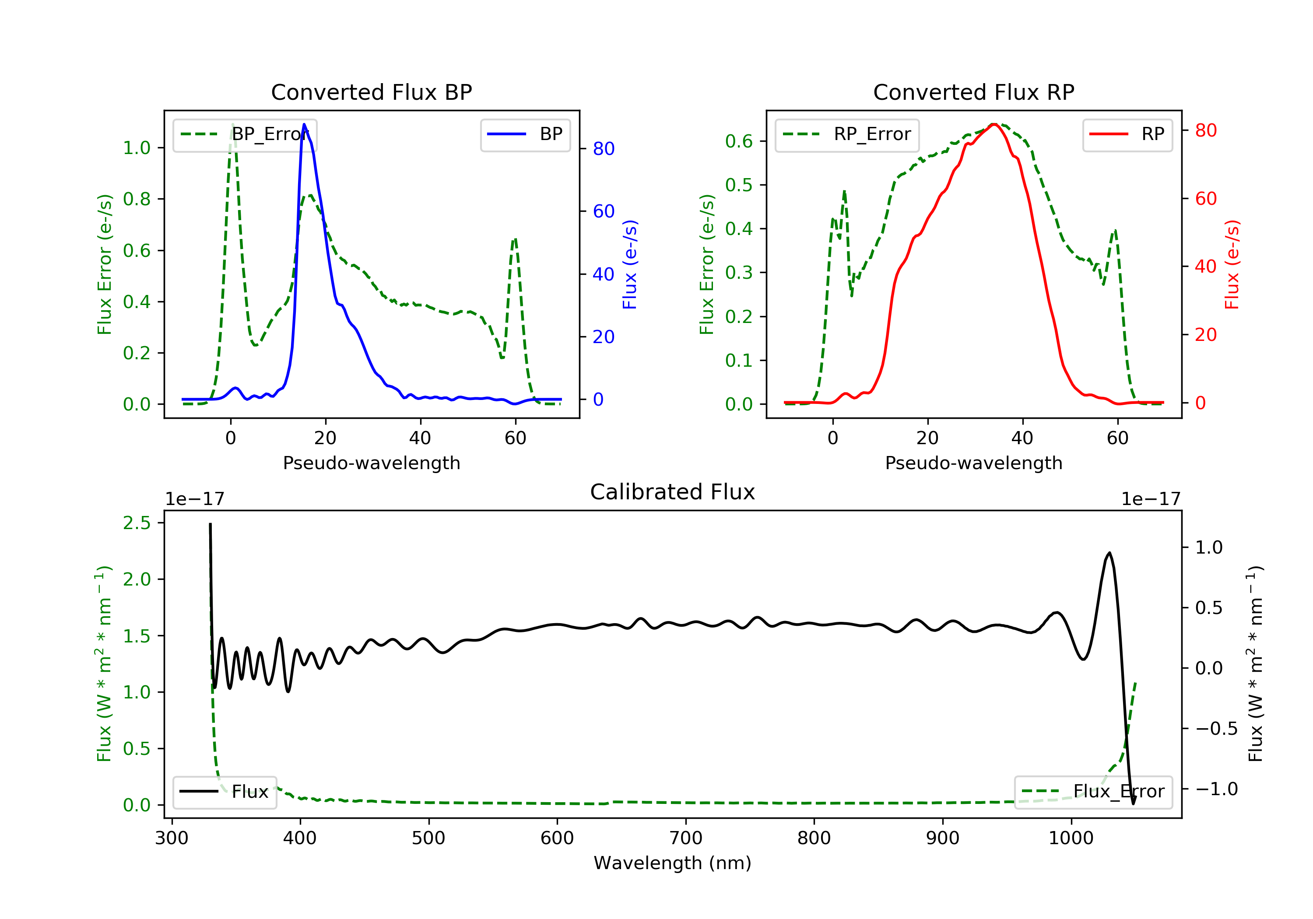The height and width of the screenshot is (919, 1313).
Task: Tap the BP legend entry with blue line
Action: pos(525,134)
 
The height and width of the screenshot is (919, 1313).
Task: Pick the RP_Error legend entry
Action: pos(847,134)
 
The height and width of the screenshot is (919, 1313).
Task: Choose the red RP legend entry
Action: pos(1127,134)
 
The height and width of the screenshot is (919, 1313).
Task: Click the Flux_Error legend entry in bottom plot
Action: pos(1093,792)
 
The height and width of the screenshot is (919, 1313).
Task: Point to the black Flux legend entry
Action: pos(225,792)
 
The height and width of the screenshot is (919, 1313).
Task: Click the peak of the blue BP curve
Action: pos(304,124)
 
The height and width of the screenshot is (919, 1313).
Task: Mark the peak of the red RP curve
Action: pos(994,124)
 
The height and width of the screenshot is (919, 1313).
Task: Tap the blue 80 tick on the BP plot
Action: pos(603,149)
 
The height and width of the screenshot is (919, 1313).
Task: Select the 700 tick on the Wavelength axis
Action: pos(686,838)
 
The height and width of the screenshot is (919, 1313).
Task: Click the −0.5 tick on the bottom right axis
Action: pos(1216,729)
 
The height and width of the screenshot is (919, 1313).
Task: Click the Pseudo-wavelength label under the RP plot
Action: pos(973,463)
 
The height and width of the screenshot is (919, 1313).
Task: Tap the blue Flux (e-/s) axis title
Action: pos(630,265)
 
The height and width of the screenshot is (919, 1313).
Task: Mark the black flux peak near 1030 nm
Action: pos(1109,553)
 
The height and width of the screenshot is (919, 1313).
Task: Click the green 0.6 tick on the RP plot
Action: pos(738,141)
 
